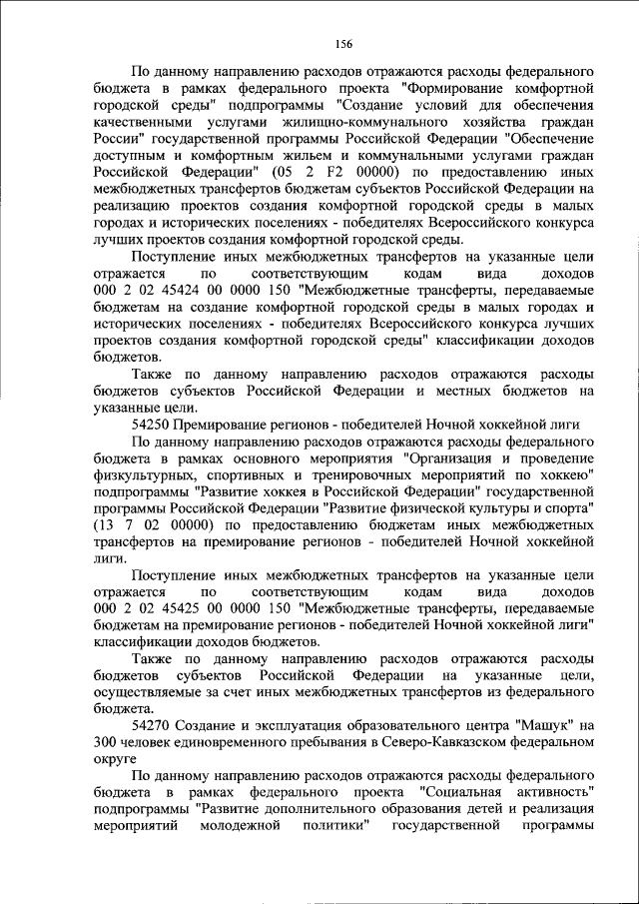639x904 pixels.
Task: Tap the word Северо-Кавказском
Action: [x=415, y=741]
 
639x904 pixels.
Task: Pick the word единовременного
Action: [x=226, y=741]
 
